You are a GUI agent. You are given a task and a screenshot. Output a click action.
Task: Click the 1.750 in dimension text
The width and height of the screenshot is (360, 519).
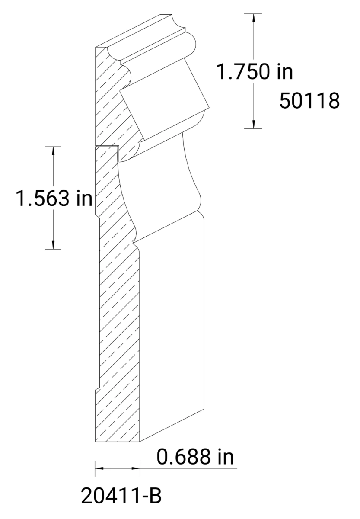(254, 72)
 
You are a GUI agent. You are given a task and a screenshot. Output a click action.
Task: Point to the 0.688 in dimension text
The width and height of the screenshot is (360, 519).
(195, 457)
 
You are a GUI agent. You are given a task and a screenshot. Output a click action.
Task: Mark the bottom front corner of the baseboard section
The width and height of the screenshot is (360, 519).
(139, 442)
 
